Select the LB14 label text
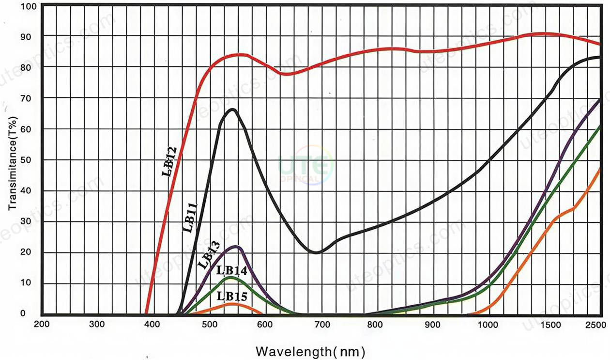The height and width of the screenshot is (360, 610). [x=232, y=271]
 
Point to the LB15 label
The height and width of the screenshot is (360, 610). [x=232, y=295]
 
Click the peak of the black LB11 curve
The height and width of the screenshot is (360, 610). [x=233, y=110]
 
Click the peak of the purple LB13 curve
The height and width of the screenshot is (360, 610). [x=236, y=247]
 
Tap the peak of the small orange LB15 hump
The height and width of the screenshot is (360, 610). [x=233, y=304]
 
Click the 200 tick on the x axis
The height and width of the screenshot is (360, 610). [x=41, y=324]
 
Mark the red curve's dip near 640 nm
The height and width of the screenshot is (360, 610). [x=286, y=74]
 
